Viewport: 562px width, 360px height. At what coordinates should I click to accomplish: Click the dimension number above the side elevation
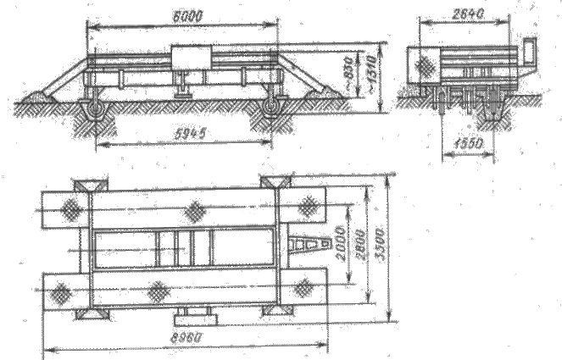point(184,15)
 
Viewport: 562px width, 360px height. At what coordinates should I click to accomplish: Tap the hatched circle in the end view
point(423,67)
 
